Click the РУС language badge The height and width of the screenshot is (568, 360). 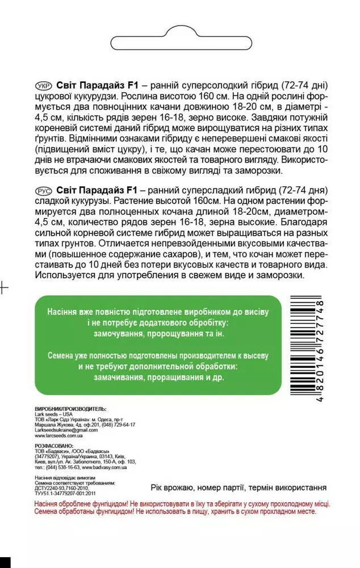click(x=44, y=189)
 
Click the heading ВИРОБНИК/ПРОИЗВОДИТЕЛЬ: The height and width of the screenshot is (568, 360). click(x=70, y=408)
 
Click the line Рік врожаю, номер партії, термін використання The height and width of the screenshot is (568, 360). click(x=238, y=488)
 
